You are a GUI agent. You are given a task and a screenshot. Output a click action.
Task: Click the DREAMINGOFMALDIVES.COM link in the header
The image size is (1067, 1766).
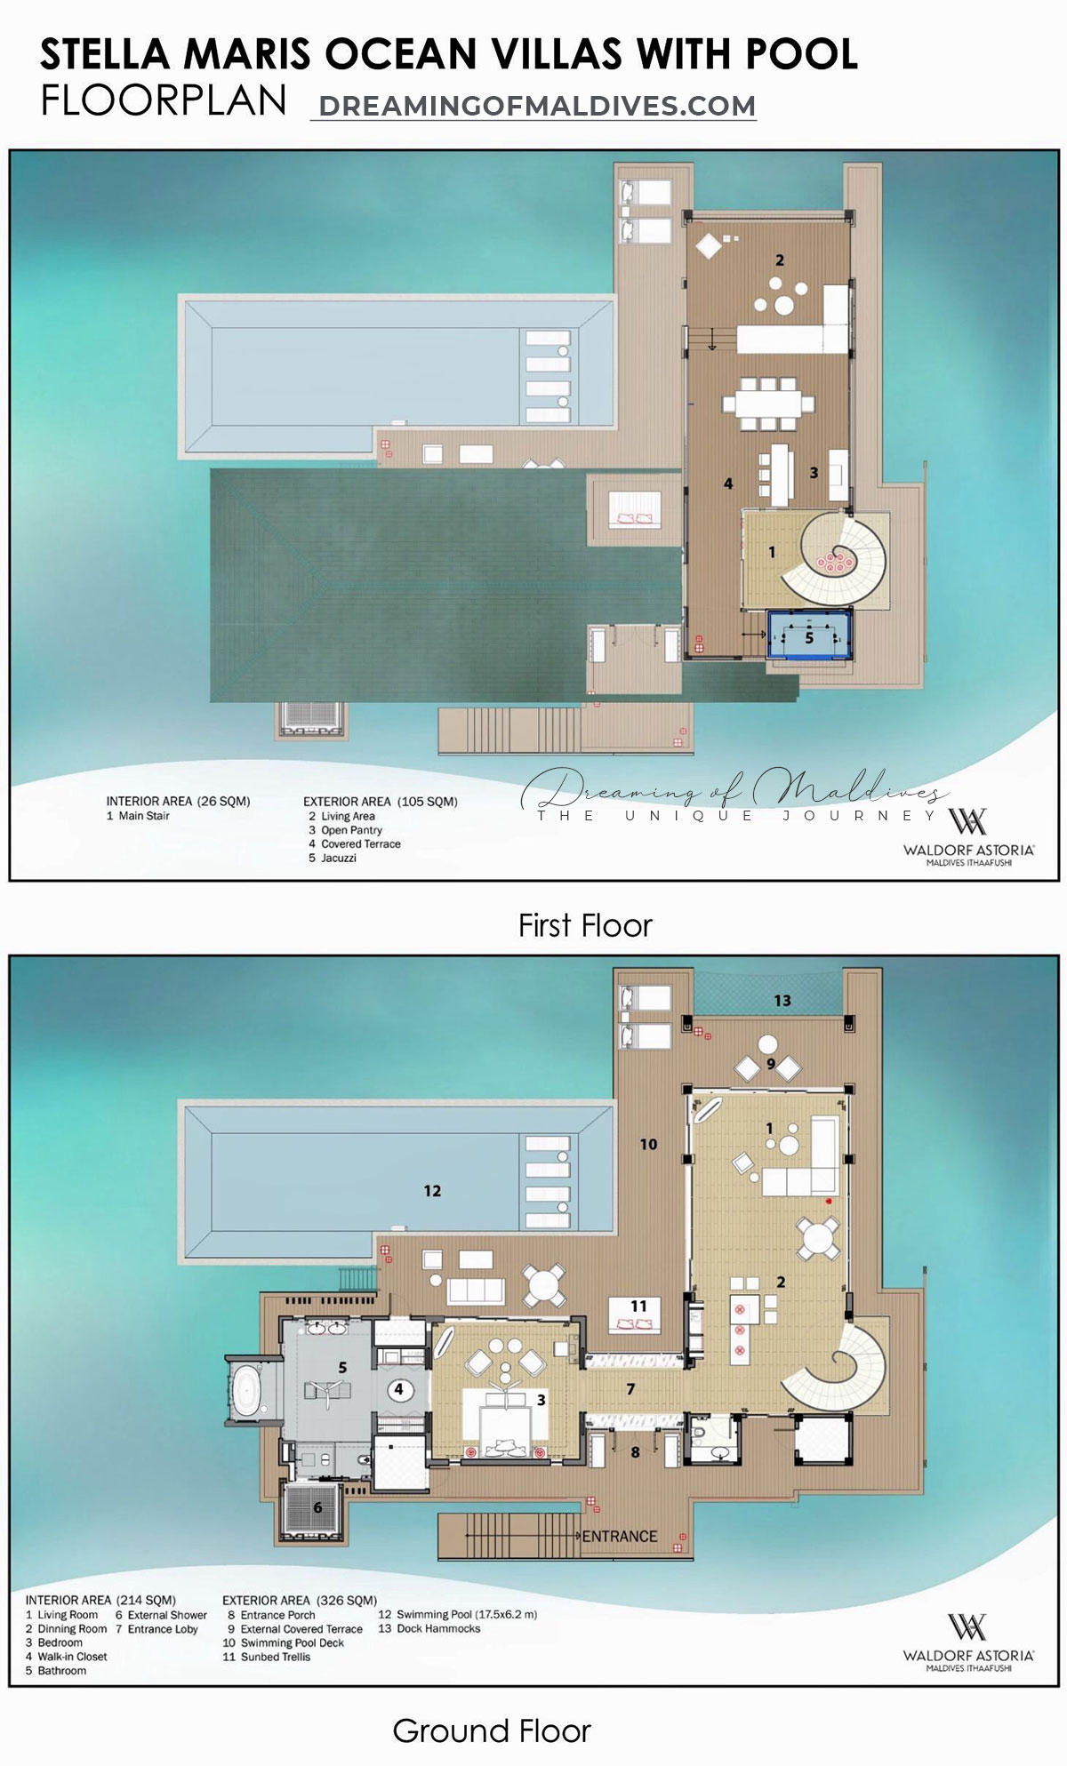[536, 106]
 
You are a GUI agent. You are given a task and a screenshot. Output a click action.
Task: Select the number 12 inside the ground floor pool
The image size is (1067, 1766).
[432, 1190]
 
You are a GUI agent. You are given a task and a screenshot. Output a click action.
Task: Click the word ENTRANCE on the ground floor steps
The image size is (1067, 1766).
[619, 1536]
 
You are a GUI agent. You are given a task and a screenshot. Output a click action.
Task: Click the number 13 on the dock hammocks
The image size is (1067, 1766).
[782, 1001]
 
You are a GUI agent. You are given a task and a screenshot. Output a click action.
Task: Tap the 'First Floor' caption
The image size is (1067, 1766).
[584, 926]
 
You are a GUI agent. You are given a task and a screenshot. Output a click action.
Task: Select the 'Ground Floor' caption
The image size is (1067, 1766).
[491, 1730]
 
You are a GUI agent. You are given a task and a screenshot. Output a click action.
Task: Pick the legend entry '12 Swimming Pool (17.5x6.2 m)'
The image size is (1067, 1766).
[457, 1614]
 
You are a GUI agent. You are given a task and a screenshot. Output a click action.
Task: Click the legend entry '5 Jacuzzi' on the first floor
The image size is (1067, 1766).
[333, 858]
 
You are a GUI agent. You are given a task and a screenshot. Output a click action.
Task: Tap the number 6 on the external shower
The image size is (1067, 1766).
[317, 1506]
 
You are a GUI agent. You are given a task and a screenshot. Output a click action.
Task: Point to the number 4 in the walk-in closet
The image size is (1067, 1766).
[399, 1389]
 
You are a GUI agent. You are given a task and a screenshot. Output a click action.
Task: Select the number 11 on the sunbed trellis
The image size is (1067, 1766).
[638, 1306]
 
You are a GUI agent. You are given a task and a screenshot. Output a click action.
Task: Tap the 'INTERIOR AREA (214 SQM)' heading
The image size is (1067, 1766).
[100, 1600]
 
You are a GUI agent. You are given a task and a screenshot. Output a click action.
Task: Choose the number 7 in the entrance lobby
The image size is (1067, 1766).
[630, 1389]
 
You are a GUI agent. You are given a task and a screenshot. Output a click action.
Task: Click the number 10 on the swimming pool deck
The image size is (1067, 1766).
[648, 1145]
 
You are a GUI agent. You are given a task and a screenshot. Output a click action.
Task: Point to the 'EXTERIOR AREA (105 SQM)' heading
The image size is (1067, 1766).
[381, 801]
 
